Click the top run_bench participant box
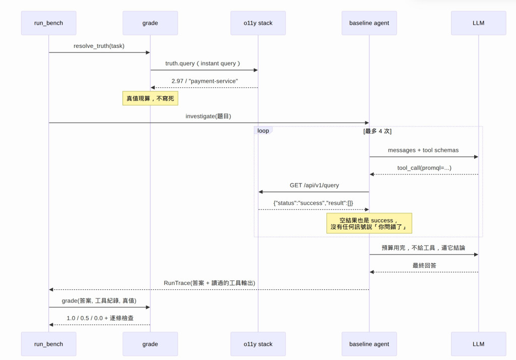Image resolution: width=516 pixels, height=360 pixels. (49, 23)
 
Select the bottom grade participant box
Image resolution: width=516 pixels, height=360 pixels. (150, 344)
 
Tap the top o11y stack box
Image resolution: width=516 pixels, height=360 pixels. (258, 23)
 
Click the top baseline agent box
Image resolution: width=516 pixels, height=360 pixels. (369, 23)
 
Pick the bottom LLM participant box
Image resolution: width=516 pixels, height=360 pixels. (479, 344)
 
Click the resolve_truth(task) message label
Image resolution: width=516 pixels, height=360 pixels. (99, 46)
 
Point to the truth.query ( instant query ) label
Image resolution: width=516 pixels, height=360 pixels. (203, 63)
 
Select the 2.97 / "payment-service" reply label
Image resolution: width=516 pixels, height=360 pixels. (205, 81)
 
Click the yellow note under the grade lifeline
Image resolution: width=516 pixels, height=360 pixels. (150, 98)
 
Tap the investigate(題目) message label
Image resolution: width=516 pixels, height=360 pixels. (208, 116)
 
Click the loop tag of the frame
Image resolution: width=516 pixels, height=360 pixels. (263, 131)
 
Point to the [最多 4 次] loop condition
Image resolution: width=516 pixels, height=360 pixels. (377, 131)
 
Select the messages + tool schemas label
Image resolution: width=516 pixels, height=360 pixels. (423, 150)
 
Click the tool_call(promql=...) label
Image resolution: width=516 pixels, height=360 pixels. (424, 168)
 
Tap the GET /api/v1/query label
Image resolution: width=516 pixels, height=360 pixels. (314, 185)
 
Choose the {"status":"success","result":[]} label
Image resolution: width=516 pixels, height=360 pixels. (313, 203)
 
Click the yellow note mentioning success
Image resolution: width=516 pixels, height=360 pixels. (369, 223)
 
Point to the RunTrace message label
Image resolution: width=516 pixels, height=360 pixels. (209, 283)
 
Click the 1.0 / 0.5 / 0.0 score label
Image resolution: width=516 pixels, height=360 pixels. (100, 318)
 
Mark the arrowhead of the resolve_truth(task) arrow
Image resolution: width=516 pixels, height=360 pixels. (148, 52)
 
